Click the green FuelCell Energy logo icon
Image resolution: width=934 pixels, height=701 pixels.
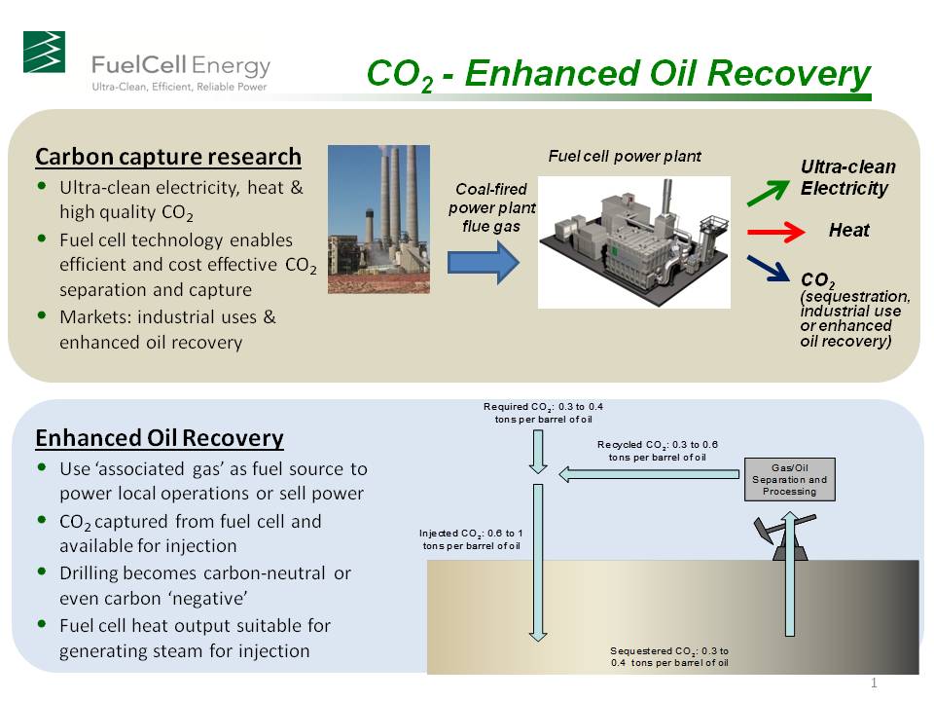coord(44,52)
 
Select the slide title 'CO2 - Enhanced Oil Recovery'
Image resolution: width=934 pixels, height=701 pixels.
coord(618,75)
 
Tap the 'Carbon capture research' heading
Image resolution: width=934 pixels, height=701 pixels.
coord(168,157)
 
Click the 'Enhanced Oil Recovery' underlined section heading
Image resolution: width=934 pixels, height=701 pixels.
coord(160,438)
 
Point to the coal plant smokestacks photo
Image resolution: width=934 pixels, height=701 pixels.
coord(378,219)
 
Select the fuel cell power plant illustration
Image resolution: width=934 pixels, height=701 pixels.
coord(633,241)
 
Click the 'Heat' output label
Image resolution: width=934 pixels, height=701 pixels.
coord(848,231)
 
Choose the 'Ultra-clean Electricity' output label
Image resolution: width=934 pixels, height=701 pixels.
coord(847,177)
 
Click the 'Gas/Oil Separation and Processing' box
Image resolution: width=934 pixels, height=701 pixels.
coord(789,479)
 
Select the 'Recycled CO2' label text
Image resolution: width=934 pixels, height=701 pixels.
coord(657,450)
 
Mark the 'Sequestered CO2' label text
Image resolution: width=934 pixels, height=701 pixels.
coord(669,655)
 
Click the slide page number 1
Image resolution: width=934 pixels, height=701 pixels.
coord(874,683)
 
